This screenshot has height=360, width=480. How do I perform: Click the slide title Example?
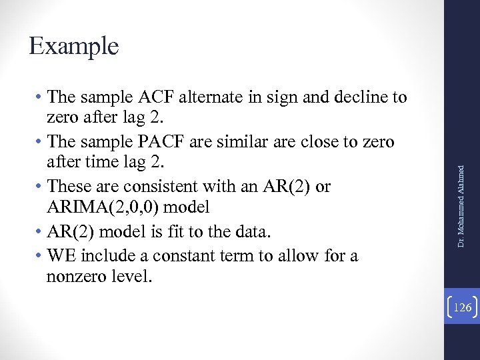[74, 46]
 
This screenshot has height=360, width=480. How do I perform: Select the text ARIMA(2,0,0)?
[100, 207]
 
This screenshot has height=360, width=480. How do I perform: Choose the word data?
[254, 231]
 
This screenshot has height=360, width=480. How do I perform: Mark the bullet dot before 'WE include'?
[41, 256]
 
